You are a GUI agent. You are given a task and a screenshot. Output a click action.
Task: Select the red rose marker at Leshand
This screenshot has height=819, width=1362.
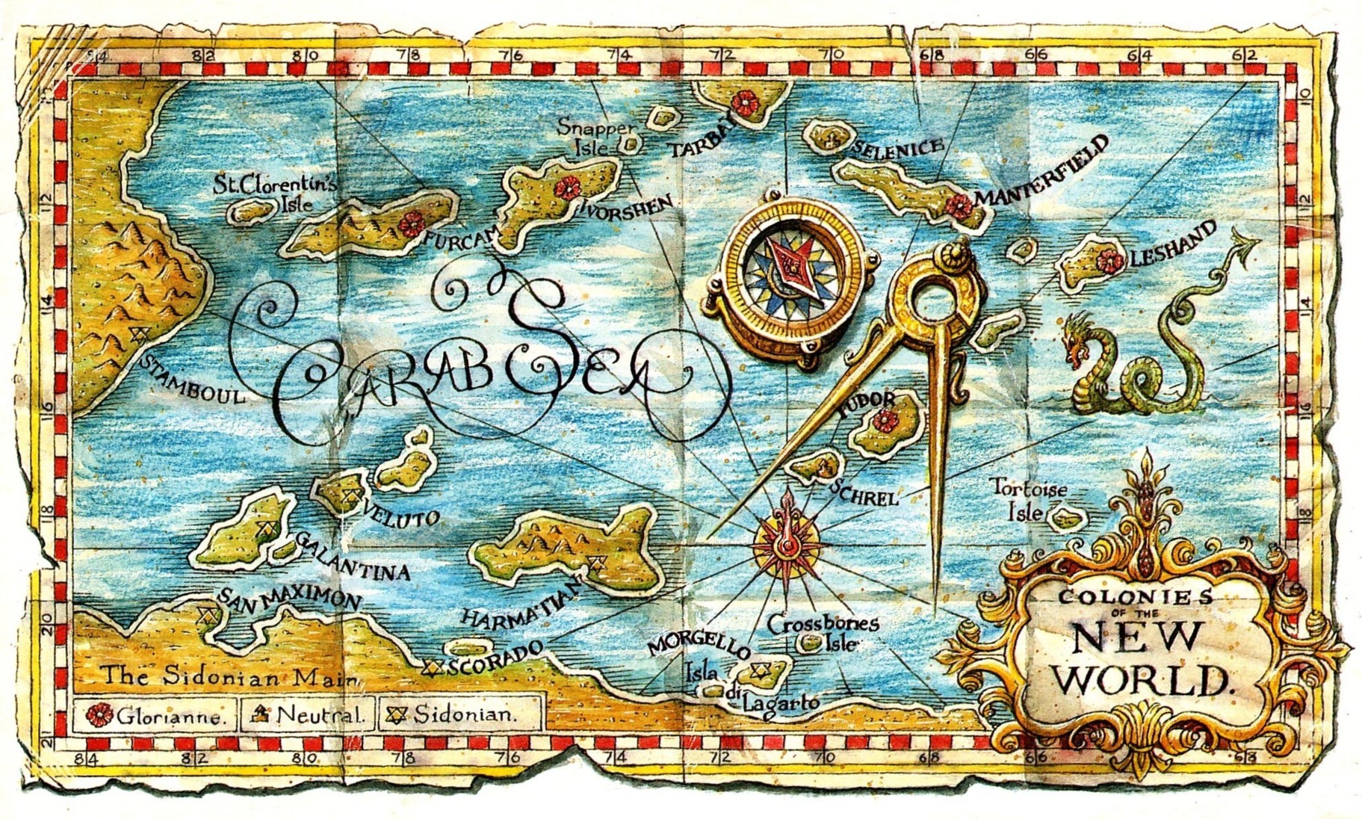[1109, 260]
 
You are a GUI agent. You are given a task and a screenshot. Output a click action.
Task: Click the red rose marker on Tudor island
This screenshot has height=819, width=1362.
[885, 420]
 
